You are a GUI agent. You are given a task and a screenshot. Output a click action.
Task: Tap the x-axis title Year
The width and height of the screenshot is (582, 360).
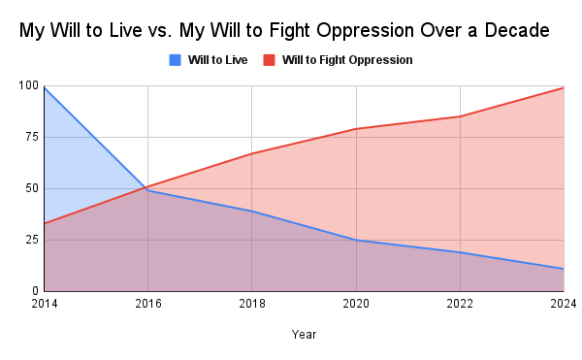(303, 334)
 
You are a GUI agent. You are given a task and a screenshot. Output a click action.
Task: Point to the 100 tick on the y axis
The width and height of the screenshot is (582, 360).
(27, 86)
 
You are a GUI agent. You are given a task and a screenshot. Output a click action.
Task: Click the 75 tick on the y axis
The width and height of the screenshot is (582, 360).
(30, 138)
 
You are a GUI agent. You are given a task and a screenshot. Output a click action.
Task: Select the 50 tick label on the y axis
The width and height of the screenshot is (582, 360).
(30, 188)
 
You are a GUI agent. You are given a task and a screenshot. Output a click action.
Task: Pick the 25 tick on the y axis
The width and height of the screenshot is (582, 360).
(30, 240)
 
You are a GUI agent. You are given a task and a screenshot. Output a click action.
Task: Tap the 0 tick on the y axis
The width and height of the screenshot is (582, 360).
(34, 291)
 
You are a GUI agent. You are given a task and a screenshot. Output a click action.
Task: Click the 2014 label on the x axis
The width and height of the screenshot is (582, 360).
(44, 304)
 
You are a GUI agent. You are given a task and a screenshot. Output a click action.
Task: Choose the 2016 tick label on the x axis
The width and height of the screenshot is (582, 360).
(147, 304)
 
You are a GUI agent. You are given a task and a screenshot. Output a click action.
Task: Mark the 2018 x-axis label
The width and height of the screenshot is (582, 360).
(251, 304)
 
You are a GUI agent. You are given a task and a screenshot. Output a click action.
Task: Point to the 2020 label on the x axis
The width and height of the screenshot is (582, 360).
(356, 304)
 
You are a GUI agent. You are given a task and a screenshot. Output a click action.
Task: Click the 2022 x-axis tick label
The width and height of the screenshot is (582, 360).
(460, 304)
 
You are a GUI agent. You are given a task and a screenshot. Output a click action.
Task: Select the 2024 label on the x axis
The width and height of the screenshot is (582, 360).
(563, 304)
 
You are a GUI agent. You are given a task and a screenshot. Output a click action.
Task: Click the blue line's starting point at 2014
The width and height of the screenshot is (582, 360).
(44, 87)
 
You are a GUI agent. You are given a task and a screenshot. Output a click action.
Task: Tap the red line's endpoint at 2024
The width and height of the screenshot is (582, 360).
(564, 88)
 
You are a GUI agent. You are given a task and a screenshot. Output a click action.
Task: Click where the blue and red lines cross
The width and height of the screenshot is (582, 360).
(145, 188)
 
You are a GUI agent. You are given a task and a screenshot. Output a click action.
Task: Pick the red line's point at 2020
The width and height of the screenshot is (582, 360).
(356, 129)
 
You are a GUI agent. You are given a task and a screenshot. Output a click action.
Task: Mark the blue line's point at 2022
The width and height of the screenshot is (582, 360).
(460, 252)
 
